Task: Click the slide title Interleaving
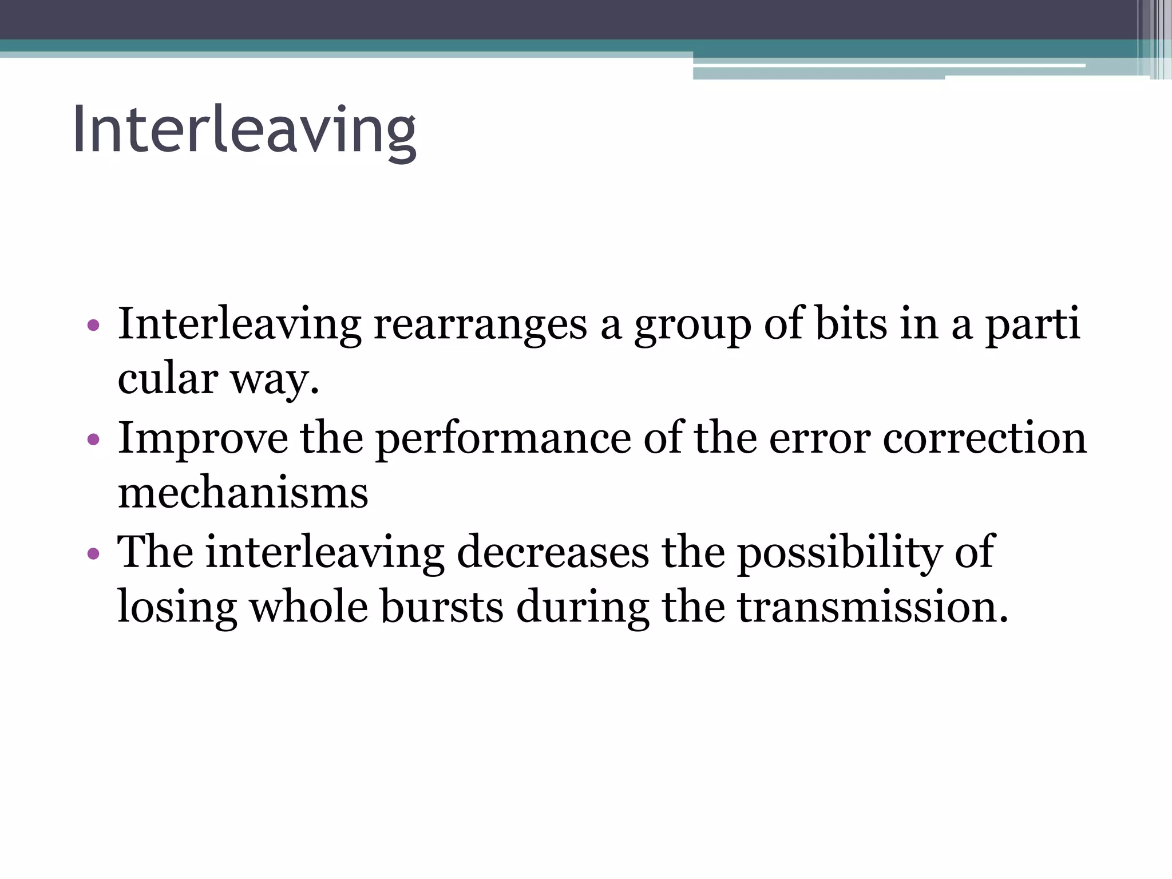tap(244, 130)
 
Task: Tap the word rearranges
tap(481, 324)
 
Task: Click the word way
tap(274, 381)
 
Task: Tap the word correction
tap(984, 438)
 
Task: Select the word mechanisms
tap(243, 493)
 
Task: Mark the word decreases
tap(553, 552)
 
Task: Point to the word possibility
tap(839, 553)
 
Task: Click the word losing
tap(177, 608)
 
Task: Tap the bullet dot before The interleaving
tap(93, 553)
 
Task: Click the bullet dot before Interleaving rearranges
tap(93, 326)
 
